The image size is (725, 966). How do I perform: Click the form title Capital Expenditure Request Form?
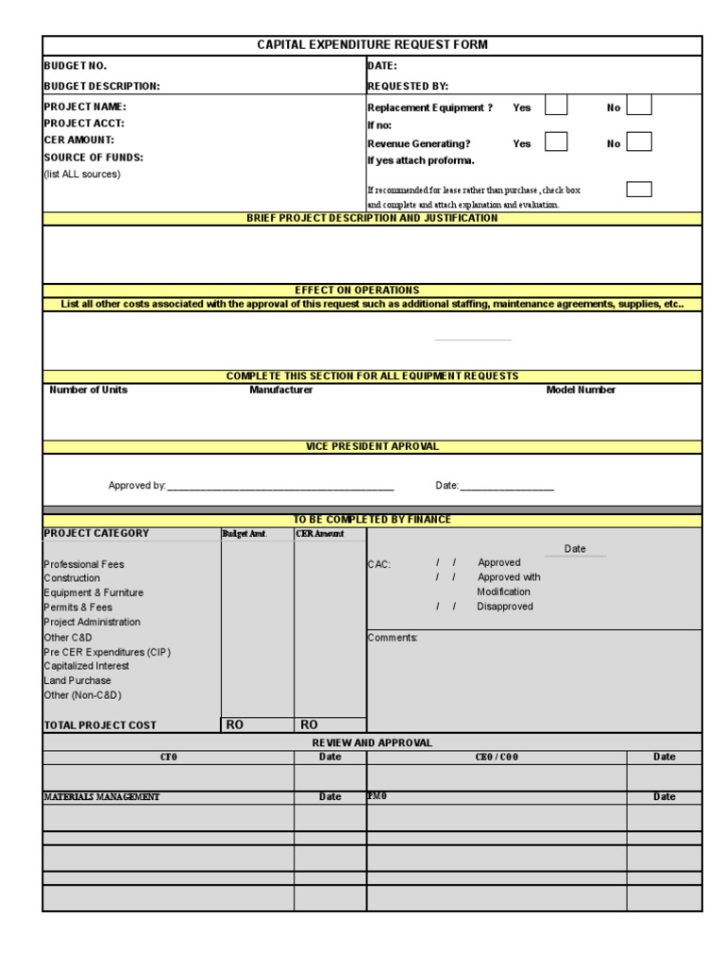(372, 45)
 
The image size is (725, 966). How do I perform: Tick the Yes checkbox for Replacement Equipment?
(557, 106)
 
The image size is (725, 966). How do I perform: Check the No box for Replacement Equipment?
(639, 106)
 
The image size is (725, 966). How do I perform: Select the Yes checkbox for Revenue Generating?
(557, 142)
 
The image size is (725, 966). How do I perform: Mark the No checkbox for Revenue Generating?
(639, 142)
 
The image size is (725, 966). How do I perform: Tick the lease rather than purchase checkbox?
(639, 190)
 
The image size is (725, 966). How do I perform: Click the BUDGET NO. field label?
(76, 66)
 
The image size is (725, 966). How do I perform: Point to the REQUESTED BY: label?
(408, 86)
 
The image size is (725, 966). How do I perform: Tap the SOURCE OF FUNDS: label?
(93, 158)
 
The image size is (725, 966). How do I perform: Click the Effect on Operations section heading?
(372, 291)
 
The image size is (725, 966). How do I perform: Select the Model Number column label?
(581, 391)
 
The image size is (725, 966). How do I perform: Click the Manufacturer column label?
(280, 391)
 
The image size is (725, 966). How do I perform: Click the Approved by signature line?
(280, 488)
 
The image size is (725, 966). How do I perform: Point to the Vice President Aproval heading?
(372, 446)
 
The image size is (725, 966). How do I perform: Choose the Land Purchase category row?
(77, 680)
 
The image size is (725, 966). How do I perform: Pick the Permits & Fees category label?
(78, 608)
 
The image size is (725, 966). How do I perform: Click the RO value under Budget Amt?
(235, 724)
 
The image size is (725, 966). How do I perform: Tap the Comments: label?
(393, 638)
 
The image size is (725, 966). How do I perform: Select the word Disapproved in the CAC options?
(505, 607)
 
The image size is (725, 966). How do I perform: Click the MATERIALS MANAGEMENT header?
(102, 797)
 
